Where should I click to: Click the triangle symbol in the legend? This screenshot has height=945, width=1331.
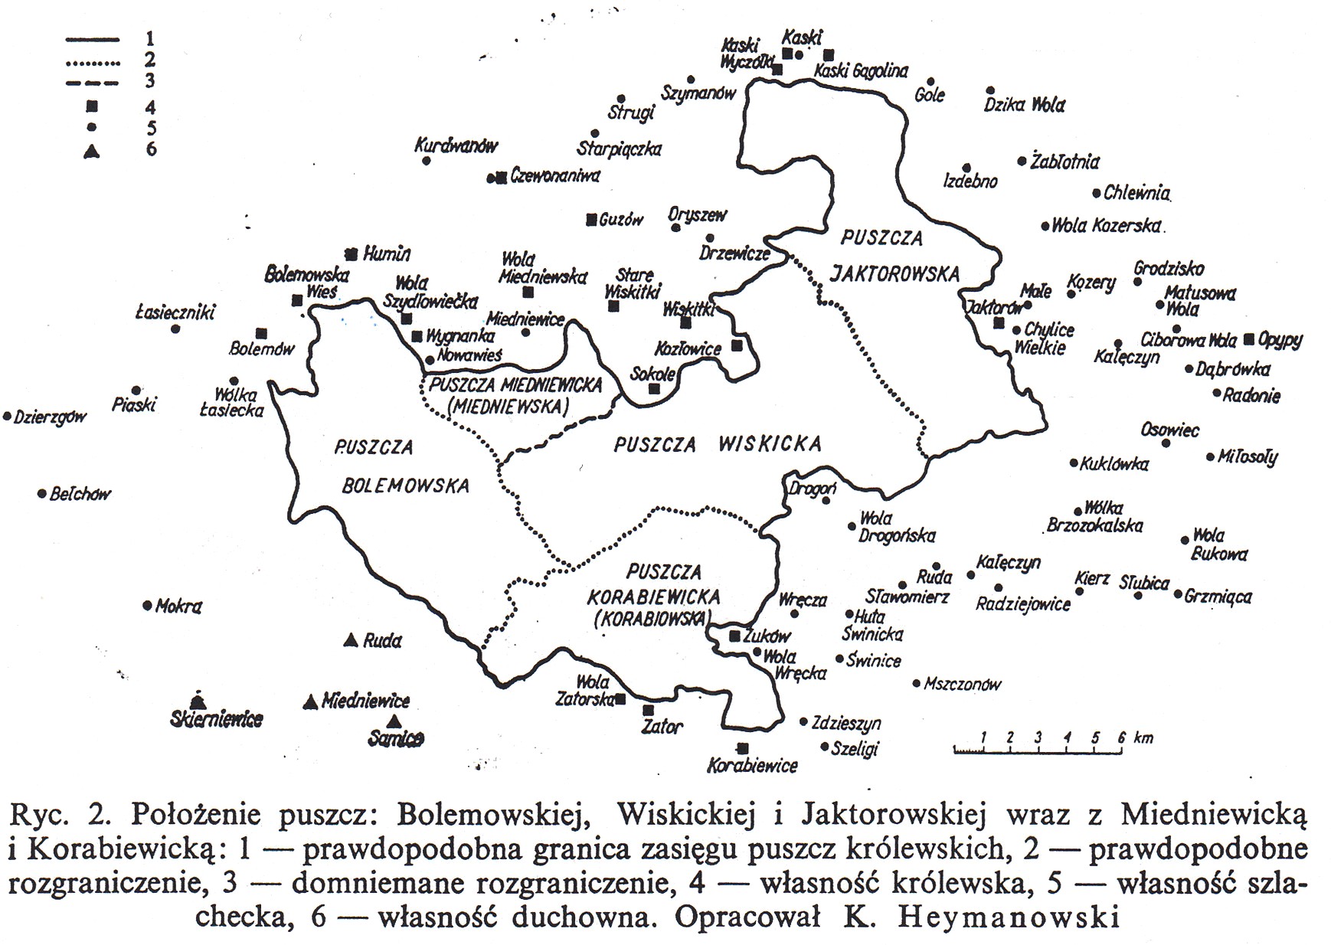[x=92, y=151]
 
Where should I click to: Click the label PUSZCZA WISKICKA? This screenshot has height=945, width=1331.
[x=718, y=444]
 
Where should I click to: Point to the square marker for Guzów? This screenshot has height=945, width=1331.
[x=591, y=220]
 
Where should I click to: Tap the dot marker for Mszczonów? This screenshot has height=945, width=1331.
[x=917, y=683]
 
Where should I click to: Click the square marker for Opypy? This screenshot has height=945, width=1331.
[x=1250, y=338]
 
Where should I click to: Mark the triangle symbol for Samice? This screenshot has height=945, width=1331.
[x=394, y=721]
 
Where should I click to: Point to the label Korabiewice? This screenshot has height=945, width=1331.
[x=752, y=765]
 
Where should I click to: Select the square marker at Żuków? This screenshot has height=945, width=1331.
[x=735, y=636]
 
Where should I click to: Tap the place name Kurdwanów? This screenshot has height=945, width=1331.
[x=456, y=146]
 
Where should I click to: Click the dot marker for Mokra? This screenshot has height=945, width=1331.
[x=148, y=606]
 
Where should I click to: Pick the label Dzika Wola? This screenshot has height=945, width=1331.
[x=1024, y=104]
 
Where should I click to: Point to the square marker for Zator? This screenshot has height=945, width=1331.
[x=649, y=711]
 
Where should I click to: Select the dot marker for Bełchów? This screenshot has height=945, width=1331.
[x=42, y=494]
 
